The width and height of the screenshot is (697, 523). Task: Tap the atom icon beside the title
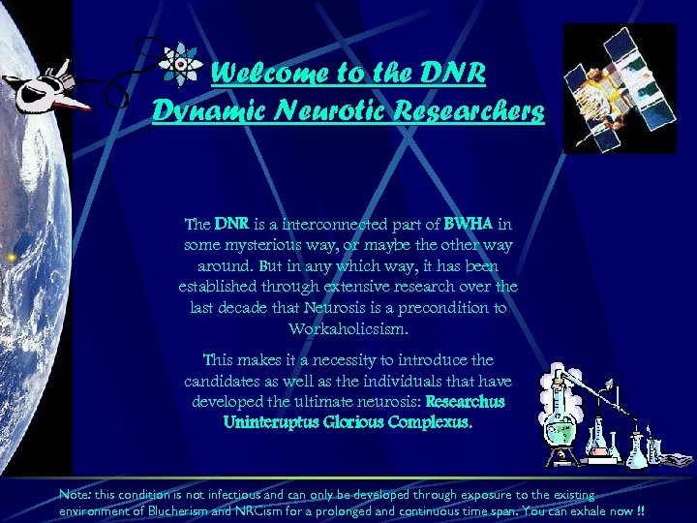[x=180, y=64]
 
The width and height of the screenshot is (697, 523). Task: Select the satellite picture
[x=620, y=88]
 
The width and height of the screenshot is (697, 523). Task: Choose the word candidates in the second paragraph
[x=225, y=381]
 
